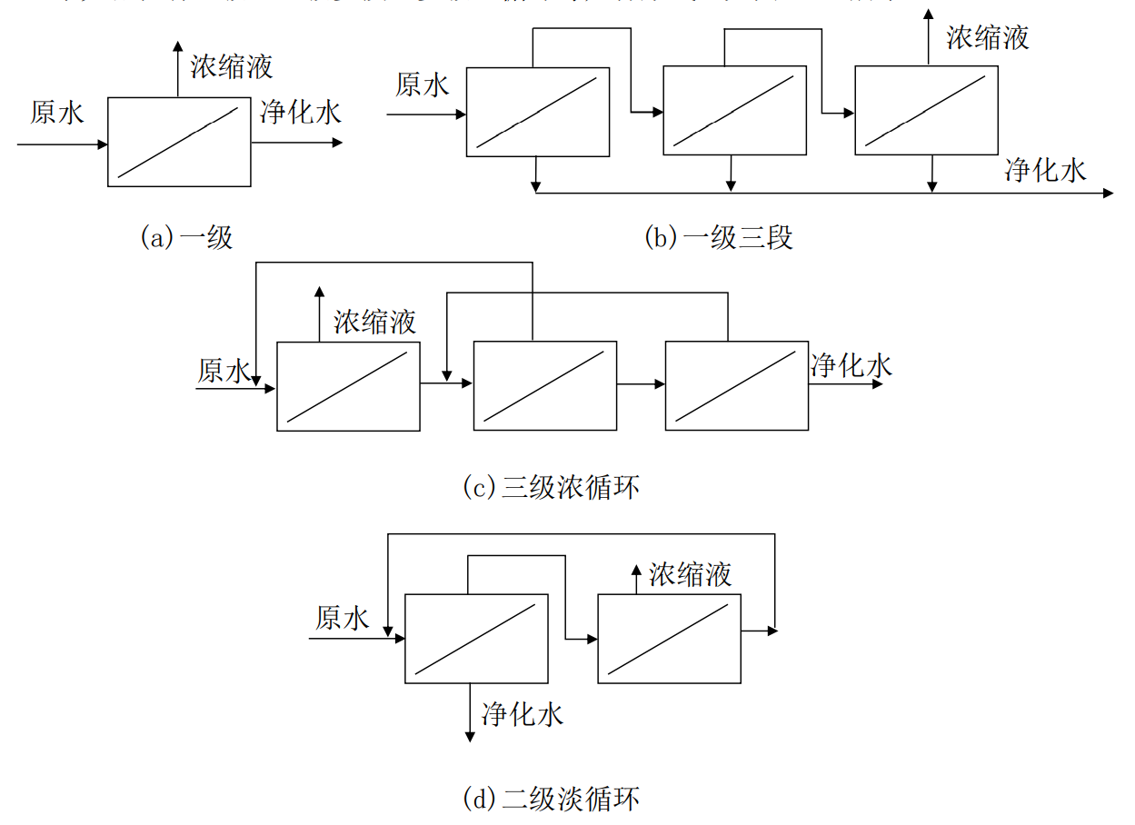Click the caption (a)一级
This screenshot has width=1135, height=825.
click(185, 237)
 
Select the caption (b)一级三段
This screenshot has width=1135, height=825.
click(718, 237)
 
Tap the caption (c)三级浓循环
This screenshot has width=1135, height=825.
click(551, 486)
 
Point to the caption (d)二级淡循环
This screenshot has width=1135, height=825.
click(551, 799)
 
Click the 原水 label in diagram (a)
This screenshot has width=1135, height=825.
click(56, 113)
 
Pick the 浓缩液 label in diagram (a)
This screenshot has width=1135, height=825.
click(232, 65)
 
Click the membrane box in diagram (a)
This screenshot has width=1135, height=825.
click(179, 142)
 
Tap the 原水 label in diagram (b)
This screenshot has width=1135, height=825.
click(423, 85)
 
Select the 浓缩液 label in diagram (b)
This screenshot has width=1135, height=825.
click(988, 37)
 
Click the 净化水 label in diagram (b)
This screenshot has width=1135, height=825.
click(1045, 170)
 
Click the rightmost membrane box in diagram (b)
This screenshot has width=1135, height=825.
click(927, 111)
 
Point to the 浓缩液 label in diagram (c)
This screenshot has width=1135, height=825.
click(375, 322)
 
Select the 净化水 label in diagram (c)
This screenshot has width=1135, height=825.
click(851, 365)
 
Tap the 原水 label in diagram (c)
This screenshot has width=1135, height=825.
click(224, 371)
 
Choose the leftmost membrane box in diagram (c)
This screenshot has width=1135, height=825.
click(348, 386)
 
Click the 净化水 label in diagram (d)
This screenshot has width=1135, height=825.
click(523, 714)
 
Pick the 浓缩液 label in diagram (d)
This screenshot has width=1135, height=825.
click(691, 574)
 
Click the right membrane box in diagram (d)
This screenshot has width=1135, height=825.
click(670, 639)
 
